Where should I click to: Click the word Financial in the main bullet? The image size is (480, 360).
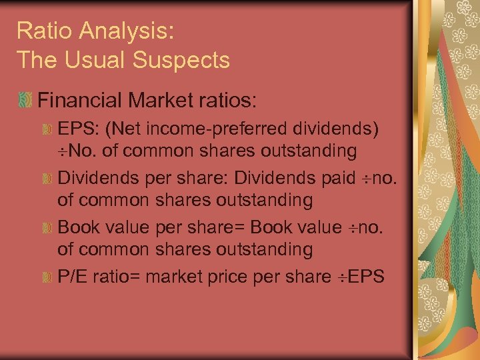coord(81,101)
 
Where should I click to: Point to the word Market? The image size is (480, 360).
coord(162,101)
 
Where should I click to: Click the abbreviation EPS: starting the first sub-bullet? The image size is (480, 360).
coord(77,128)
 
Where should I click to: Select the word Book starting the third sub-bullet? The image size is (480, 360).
coord(77,227)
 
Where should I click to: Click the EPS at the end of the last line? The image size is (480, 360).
coord(367,276)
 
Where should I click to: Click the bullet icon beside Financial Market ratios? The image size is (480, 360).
coord(25,101)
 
